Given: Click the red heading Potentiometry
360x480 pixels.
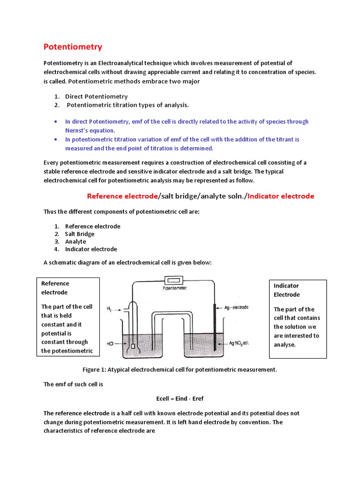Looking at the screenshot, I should [73, 47].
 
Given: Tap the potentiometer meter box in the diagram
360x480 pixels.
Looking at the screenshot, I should [174, 280].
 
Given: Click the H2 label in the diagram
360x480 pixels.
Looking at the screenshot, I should [109, 309].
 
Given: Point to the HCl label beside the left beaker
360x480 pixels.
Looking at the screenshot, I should [110, 344].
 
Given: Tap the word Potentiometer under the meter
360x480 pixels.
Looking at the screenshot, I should [174, 288].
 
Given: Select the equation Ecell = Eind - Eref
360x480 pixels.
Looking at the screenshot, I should [180, 398].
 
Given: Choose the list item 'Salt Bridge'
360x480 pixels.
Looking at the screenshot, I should [80, 234].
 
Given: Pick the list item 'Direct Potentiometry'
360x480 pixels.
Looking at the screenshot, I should [96, 96].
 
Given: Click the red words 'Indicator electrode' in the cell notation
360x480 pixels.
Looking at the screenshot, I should [281, 196].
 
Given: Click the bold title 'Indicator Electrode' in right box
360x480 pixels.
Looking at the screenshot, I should [286, 290].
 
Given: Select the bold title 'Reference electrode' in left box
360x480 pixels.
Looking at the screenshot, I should [55, 288].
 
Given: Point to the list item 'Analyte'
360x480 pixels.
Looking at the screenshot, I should [75, 241].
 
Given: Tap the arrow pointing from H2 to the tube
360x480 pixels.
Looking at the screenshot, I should [120, 309].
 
